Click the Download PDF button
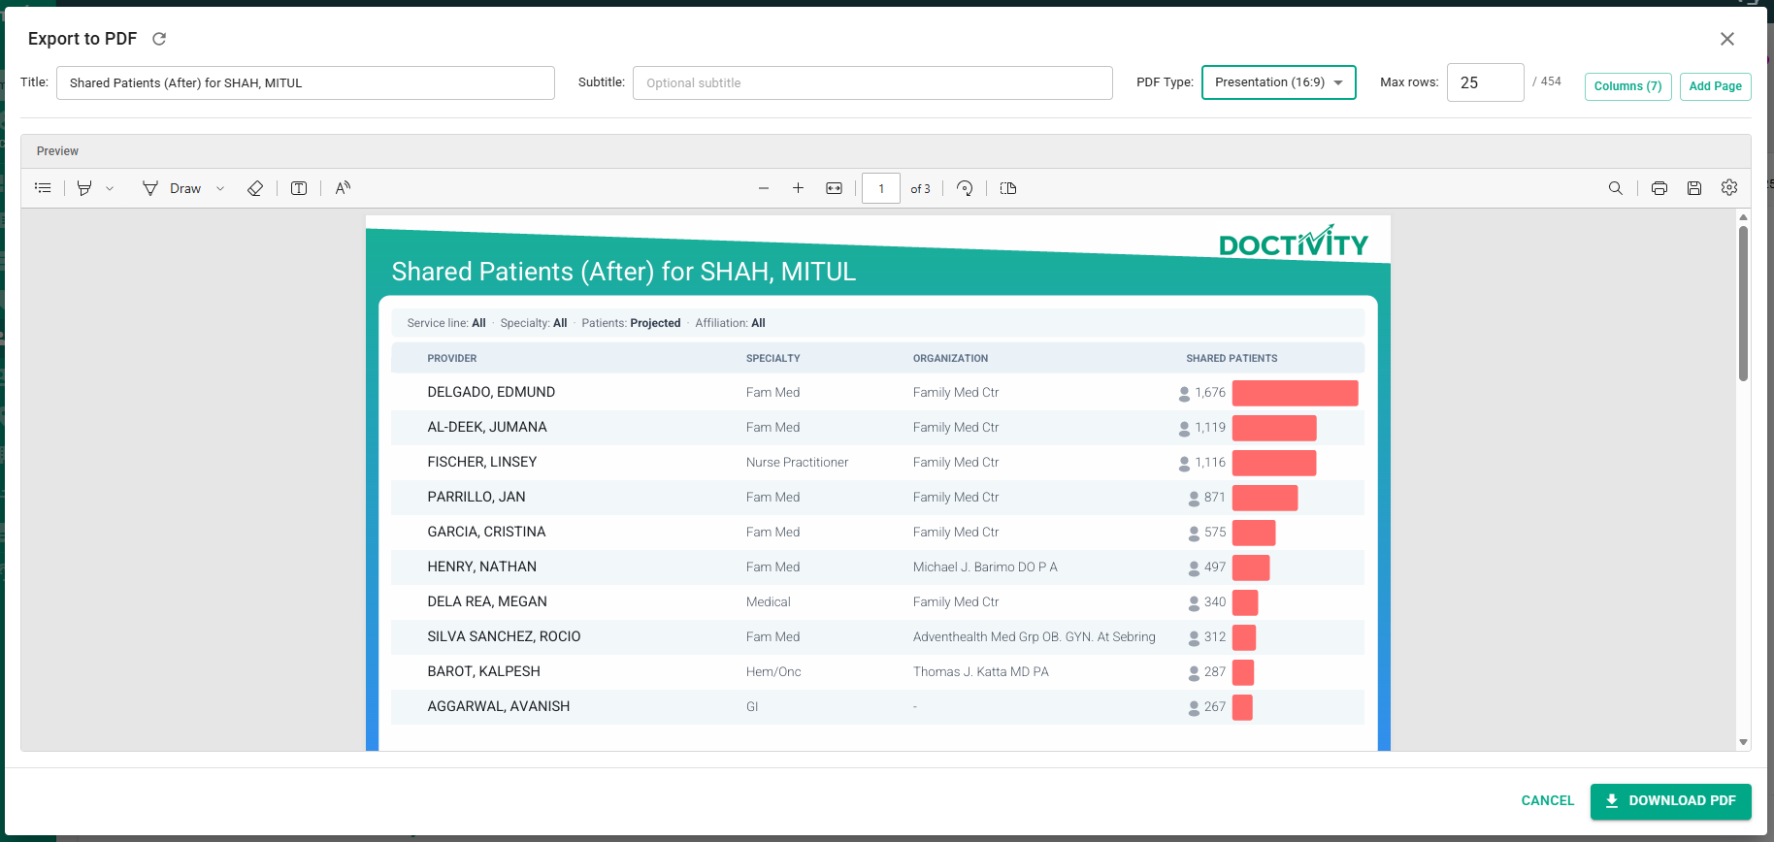[1670, 801]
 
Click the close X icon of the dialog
[1727, 39]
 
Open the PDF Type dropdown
[1278, 82]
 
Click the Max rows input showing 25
[1485, 82]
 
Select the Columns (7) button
[1627, 86]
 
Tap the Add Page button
[1715, 86]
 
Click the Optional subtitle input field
[872, 82]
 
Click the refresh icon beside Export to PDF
[159, 39]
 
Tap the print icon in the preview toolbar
[1659, 188]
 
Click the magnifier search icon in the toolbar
[1615, 188]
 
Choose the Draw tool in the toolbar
[172, 188]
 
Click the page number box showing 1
[880, 188]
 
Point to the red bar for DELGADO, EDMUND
[1295, 393]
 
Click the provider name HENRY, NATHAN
[481, 567]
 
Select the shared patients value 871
[1214, 497]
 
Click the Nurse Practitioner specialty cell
[797, 462]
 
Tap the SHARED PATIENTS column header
[1232, 358]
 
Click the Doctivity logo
[1294, 242]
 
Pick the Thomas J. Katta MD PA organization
[980, 671]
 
